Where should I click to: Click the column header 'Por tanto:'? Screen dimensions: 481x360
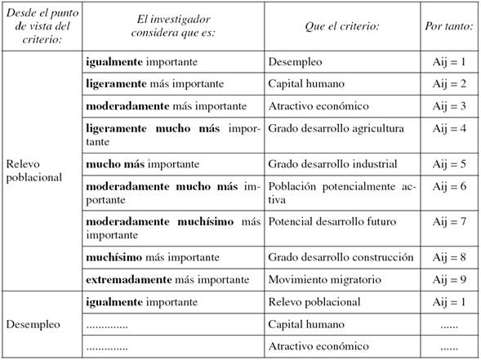pyautogui.click(x=449, y=25)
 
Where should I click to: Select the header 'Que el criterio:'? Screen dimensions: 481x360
pyautogui.click(x=344, y=25)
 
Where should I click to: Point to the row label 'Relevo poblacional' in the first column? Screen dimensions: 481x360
pyautogui.click(x=34, y=170)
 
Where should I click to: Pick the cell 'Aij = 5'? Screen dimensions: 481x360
pyautogui.click(x=449, y=164)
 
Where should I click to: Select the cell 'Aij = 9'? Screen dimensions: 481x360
pyautogui.click(x=449, y=280)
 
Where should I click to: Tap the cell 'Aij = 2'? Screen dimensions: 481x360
pyautogui.click(x=449, y=83)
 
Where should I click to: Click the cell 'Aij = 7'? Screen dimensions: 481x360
pyautogui.click(x=449, y=222)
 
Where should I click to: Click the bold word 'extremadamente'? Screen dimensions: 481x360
pyautogui.click(x=127, y=280)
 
